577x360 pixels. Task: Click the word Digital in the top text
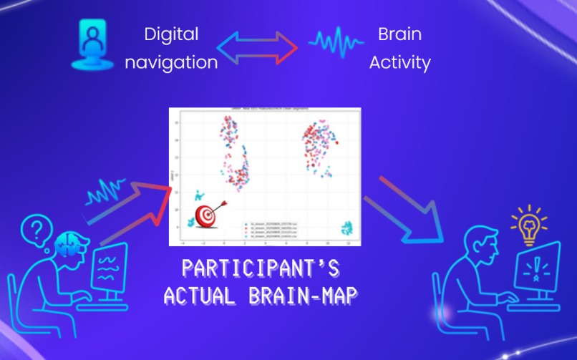click(171, 34)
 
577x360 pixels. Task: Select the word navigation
click(171, 62)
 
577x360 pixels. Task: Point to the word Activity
click(399, 62)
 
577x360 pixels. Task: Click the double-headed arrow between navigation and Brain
click(257, 47)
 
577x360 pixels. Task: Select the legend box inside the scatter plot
click(276, 228)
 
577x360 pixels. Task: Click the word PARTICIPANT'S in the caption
click(260, 268)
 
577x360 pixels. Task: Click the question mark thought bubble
click(34, 231)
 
